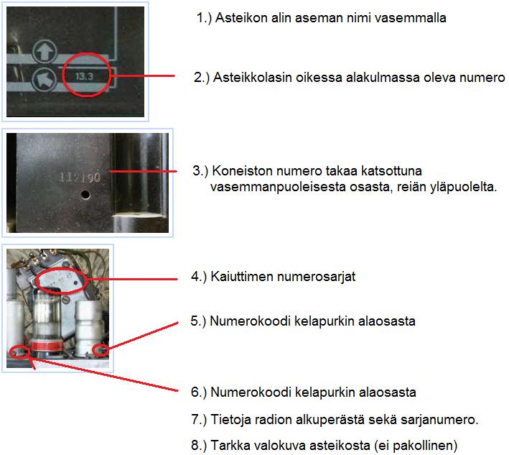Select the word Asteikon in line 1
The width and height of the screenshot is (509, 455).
point(235,18)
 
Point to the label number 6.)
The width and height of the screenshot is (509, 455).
point(199,392)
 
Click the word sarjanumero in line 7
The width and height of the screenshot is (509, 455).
point(443,419)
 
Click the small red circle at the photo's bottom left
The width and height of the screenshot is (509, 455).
point(20,351)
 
